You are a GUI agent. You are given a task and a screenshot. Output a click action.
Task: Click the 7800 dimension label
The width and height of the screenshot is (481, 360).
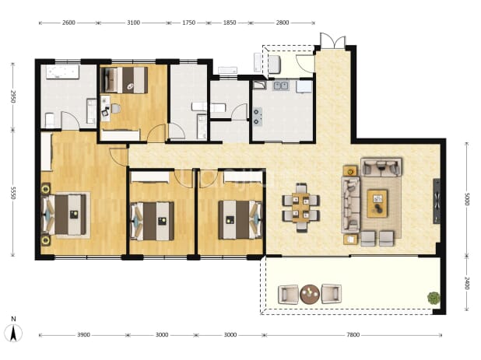tap(353, 335)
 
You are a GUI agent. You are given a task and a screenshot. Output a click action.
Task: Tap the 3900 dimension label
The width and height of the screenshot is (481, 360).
tap(83, 335)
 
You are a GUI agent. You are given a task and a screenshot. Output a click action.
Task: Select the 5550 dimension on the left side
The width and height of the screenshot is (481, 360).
tap(13, 193)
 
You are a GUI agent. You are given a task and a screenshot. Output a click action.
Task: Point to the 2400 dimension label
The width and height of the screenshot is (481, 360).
tap(466, 283)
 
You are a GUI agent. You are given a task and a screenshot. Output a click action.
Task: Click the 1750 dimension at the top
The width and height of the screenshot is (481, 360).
tap(188, 23)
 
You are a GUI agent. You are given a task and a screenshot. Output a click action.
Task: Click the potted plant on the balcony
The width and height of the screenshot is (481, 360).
tap(434, 298)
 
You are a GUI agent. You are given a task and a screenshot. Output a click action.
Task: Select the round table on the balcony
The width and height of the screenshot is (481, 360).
tap(310, 295)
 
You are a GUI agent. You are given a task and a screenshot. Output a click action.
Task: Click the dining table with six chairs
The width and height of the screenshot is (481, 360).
tap(301, 208)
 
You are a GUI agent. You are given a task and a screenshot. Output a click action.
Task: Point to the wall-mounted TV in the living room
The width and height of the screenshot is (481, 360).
tap(437, 201)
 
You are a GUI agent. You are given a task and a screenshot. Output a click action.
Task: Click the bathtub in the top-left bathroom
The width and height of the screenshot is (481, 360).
tap(62, 72)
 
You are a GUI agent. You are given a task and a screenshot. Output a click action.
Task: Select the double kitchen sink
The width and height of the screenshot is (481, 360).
tap(281, 86)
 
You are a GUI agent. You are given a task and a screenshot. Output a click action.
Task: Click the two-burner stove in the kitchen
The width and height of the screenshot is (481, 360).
tap(258, 117)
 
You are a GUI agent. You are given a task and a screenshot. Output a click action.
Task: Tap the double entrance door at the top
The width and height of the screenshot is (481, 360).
tap(333, 40)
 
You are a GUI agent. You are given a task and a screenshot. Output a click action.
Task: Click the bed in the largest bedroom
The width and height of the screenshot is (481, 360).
tap(65, 215)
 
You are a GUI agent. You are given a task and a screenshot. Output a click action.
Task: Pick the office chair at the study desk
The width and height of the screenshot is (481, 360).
tap(106, 111)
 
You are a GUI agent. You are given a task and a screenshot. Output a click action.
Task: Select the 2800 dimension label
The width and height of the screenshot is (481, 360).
tap(283, 23)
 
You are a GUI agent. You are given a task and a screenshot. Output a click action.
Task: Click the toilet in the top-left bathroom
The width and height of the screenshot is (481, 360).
tap(50, 120)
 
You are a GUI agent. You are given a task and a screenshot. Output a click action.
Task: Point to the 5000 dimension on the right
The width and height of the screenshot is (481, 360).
tap(466, 199)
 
